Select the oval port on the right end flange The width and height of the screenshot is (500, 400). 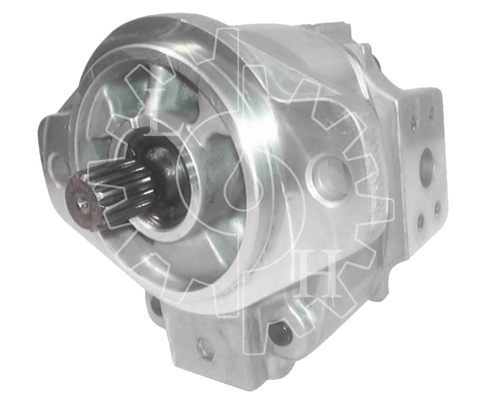pos(427,168)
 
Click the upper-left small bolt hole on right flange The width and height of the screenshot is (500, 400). pos(414,120)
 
